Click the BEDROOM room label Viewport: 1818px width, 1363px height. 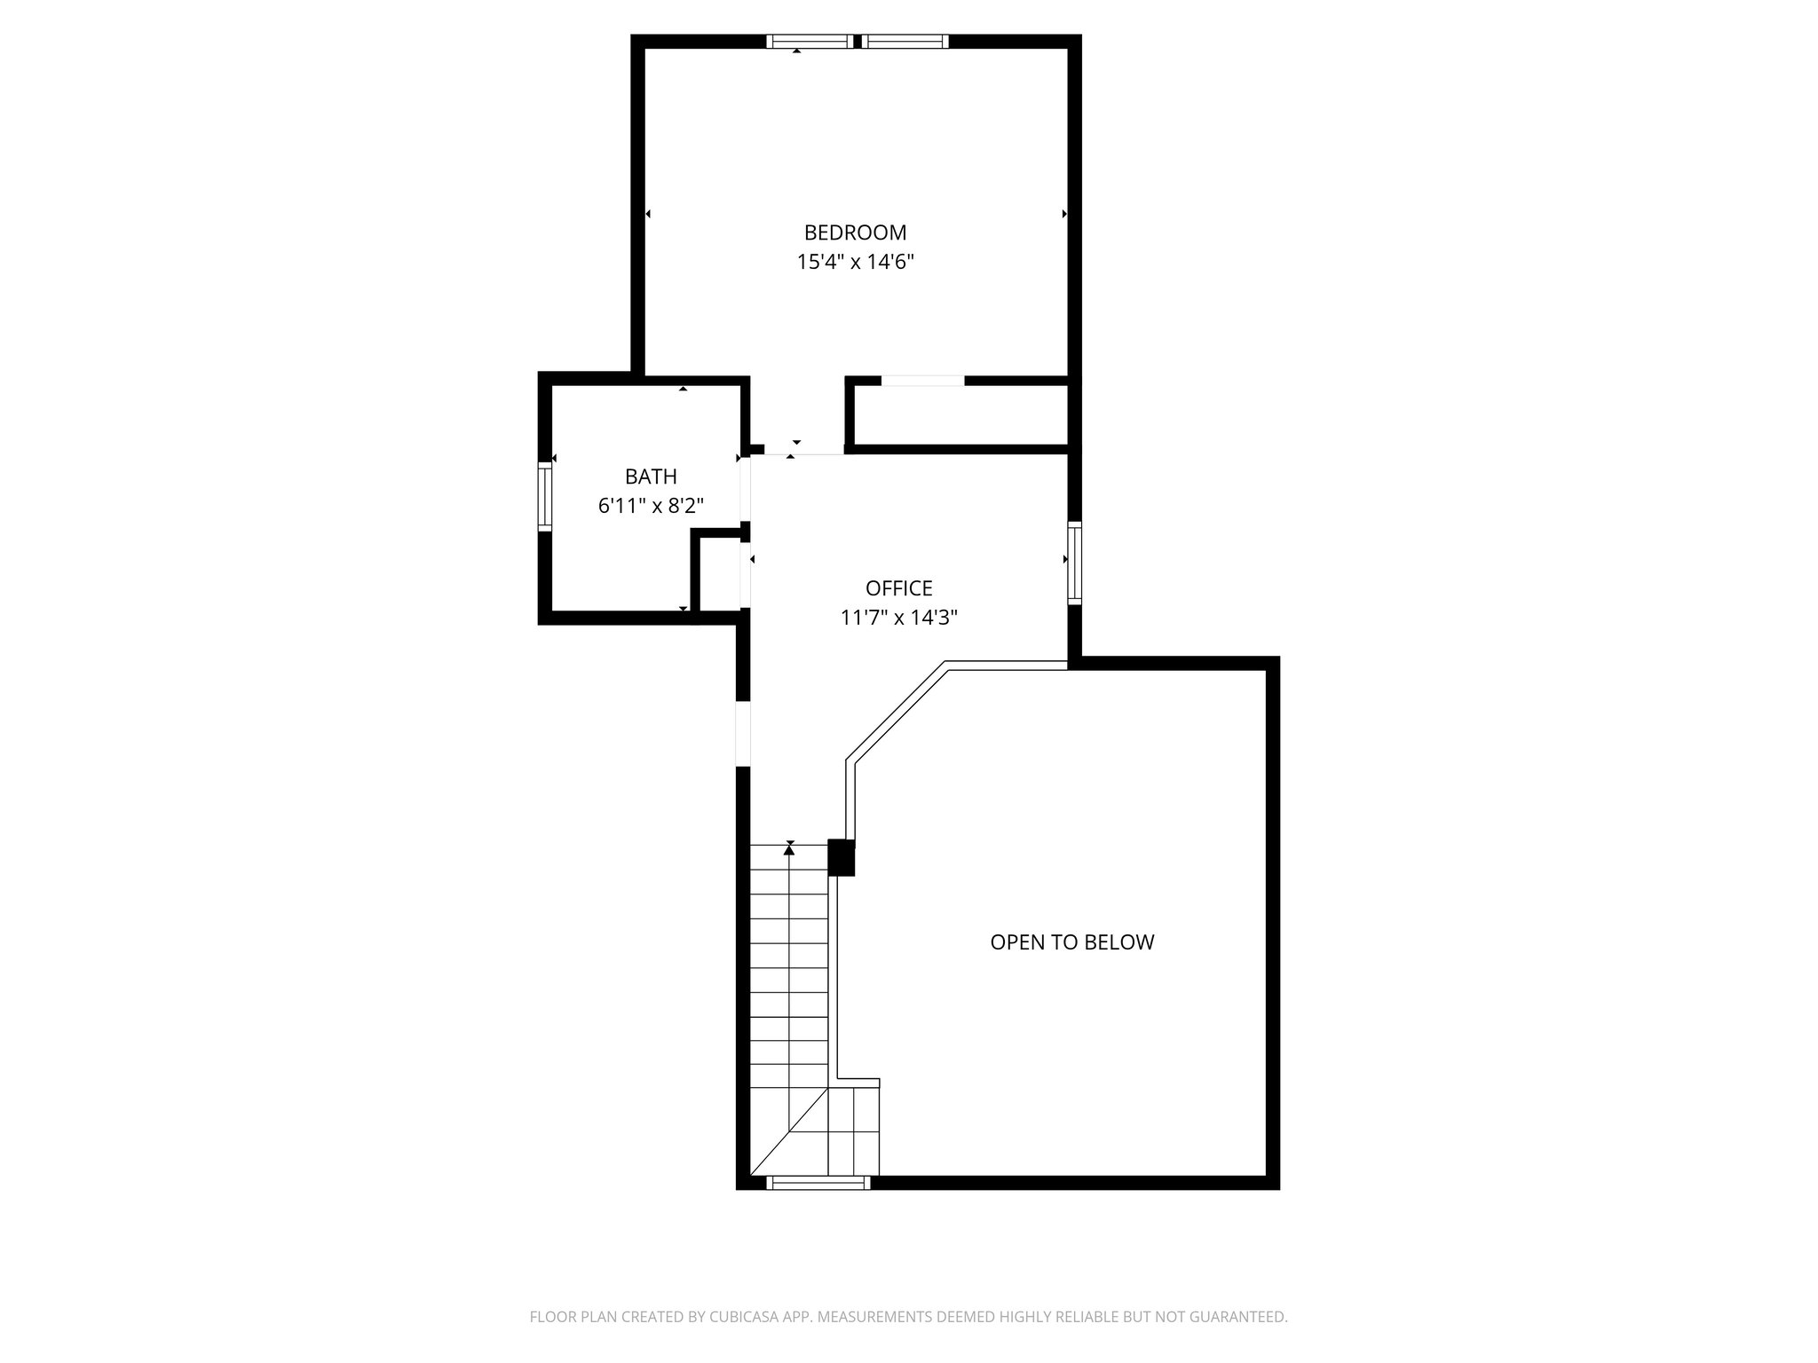855,232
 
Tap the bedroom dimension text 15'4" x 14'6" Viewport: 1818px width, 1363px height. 855,262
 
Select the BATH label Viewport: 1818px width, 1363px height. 651,477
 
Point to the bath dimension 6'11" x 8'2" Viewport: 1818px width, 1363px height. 651,506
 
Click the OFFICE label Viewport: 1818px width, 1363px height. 898,588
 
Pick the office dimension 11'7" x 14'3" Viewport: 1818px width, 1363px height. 898,618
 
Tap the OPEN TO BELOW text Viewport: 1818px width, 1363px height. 1071,942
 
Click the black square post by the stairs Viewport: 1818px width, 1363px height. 841,857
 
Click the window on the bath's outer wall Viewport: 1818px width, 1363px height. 545,497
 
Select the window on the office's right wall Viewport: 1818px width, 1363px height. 1074,564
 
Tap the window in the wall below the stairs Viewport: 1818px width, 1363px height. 818,1182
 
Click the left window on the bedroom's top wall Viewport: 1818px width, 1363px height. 809,41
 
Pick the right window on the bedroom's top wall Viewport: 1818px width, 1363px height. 905,41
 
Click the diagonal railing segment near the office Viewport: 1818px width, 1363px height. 896,712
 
